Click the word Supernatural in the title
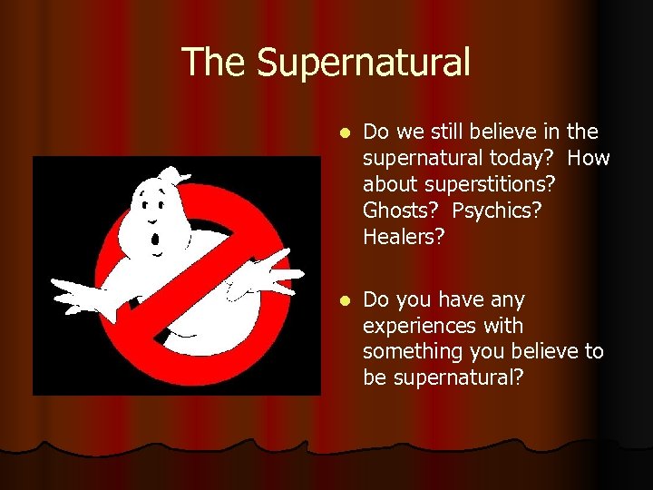tap(364, 63)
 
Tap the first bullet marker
tap(343, 132)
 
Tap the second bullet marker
tap(343, 299)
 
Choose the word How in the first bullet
tap(591, 159)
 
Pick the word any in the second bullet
tap(507, 299)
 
